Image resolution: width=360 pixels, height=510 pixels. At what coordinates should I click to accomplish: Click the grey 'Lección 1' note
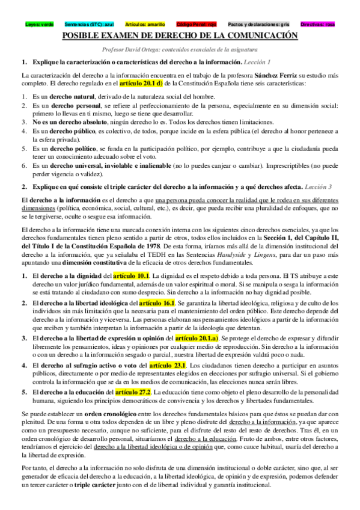(x=257, y=62)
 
